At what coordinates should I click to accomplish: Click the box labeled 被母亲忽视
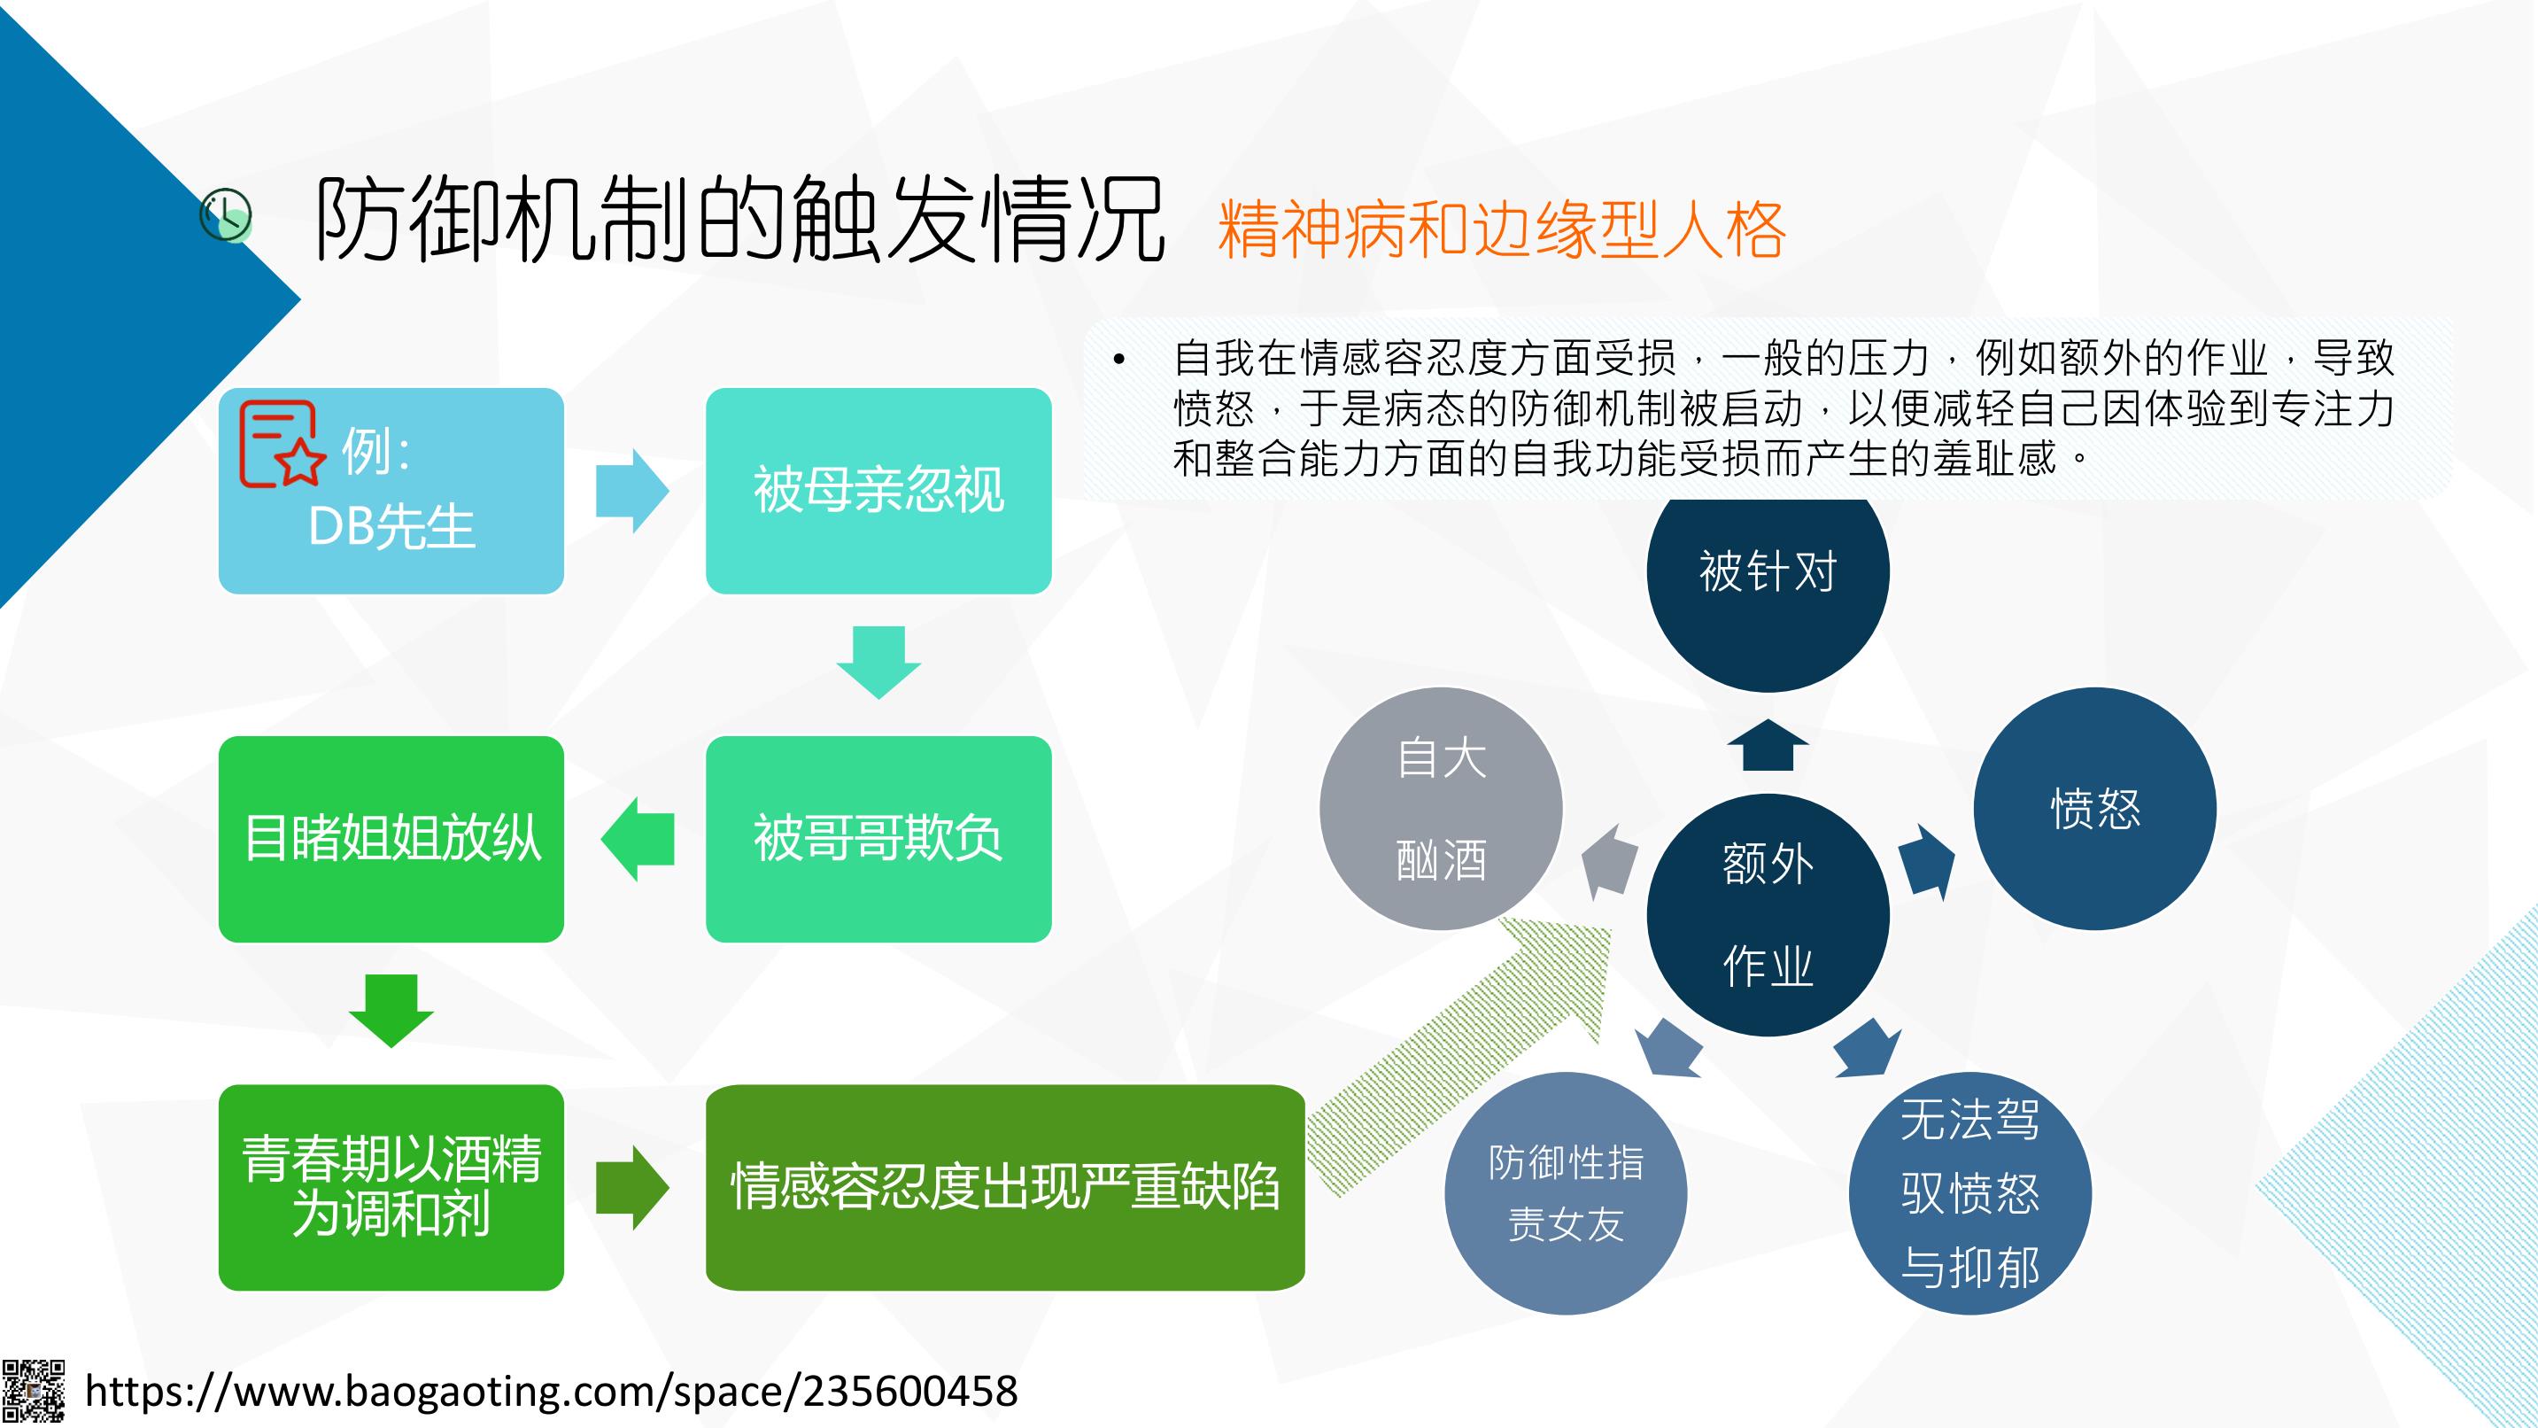pos(878,490)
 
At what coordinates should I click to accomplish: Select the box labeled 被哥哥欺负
pos(878,839)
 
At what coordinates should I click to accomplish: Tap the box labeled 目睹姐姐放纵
pos(391,839)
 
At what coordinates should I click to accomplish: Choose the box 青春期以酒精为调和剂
pos(391,1188)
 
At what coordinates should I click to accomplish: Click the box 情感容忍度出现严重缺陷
pos(1005,1188)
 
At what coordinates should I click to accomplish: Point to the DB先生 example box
pos(391,490)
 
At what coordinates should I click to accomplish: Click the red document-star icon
pos(282,444)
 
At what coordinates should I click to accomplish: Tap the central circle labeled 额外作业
pos(1768,914)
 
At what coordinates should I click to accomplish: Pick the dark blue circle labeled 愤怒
pos(2094,808)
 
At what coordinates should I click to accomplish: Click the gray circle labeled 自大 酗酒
pos(1441,808)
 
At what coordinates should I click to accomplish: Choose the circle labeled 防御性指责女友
pos(1566,1192)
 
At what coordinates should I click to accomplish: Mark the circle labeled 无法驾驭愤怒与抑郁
pos(1969,1192)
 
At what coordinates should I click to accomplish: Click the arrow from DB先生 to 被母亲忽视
pos(632,491)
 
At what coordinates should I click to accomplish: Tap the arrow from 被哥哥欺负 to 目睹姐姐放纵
pos(638,839)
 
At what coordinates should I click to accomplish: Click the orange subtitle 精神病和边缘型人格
pos(1502,229)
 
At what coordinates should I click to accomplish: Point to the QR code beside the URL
pos(34,1392)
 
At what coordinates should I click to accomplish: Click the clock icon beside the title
pos(226,215)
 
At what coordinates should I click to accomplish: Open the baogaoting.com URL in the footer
pos(552,1391)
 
